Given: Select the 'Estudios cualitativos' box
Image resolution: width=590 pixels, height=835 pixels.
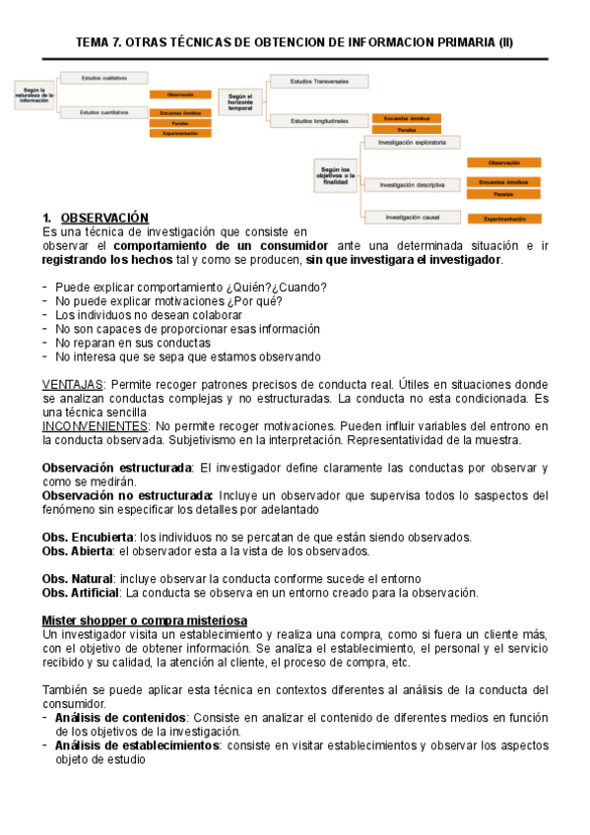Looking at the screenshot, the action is point(103,77).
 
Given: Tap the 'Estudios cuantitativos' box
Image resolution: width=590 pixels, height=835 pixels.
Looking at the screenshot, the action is point(103,113).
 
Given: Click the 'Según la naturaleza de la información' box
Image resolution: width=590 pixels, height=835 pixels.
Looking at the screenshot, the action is point(34,96).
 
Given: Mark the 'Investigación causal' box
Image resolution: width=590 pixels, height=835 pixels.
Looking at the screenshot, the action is point(411,217).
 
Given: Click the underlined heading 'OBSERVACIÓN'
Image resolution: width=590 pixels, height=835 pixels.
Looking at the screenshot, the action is point(104,218).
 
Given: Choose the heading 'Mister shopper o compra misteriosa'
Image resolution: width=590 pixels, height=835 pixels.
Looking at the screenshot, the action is point(144,620).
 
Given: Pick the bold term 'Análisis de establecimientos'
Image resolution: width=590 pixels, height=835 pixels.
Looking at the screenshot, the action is point(137,746).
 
